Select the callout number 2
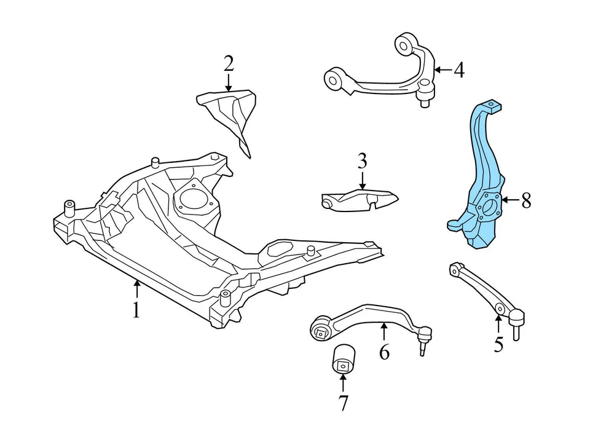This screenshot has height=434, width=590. pos(229,63)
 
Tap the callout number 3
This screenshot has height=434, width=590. pos(362,162)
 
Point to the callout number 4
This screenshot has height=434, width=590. pos(458,70)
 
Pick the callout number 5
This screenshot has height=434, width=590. pos(498,344)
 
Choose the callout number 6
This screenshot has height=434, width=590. pos(384,352)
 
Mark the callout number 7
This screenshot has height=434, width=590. pos(342,403)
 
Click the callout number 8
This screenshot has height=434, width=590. pos(526,200)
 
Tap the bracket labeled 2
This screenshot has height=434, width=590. pos(230,114)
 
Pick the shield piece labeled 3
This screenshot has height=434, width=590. pos(360,200)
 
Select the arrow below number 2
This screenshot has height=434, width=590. pos(229,82)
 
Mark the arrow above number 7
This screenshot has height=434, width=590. pos(342,384)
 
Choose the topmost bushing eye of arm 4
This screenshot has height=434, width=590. pos(404,44)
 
